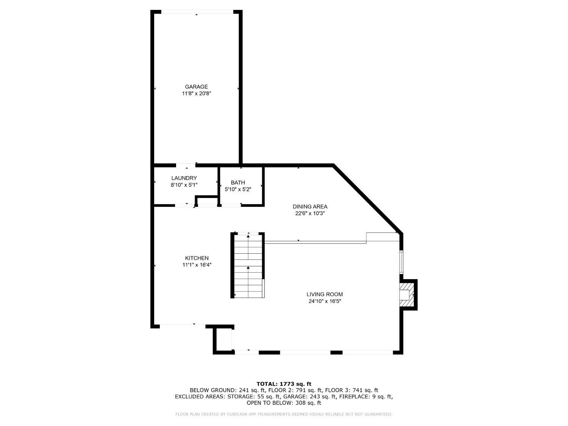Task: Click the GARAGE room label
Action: coord(196,87)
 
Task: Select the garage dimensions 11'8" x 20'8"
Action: coord(196,94)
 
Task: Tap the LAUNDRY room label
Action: coord(184,178)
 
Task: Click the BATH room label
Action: coord(238,183)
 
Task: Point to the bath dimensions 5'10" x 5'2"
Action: coord(238,189)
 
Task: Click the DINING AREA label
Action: coord(310,207)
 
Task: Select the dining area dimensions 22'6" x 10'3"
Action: coord(310,214)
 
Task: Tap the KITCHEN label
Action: coord(197,258)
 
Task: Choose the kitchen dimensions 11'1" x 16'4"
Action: coord(197,265)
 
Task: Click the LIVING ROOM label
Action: coord(325,294)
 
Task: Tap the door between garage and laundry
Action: coord(186,165)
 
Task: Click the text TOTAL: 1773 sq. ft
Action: coord(284,384)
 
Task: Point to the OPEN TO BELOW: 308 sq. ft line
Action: coord(284,403)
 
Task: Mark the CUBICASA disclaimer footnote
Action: coord(284,414)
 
